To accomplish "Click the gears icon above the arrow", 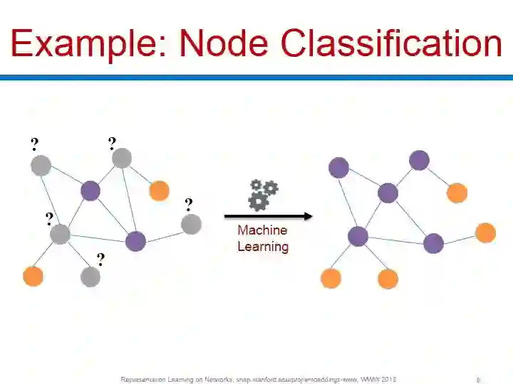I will click(262, 194).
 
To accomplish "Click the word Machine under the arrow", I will click(262, 230).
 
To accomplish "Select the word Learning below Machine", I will click(262, 247).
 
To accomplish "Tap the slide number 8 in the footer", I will click(478, 380).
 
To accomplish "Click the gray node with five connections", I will click(60, 233).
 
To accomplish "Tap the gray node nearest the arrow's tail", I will click(191, 225).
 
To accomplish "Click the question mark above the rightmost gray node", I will click(188, 205).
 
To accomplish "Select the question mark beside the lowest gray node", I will click(100, 260).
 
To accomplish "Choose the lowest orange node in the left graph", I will click(33, 276).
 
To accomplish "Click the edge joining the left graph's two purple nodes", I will click(113, 215).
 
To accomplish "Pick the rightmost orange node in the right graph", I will click(485, 233).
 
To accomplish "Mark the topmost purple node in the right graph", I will click(420, 160).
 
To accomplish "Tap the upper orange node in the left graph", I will click(159, 191).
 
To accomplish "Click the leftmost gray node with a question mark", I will click(41, 166).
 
